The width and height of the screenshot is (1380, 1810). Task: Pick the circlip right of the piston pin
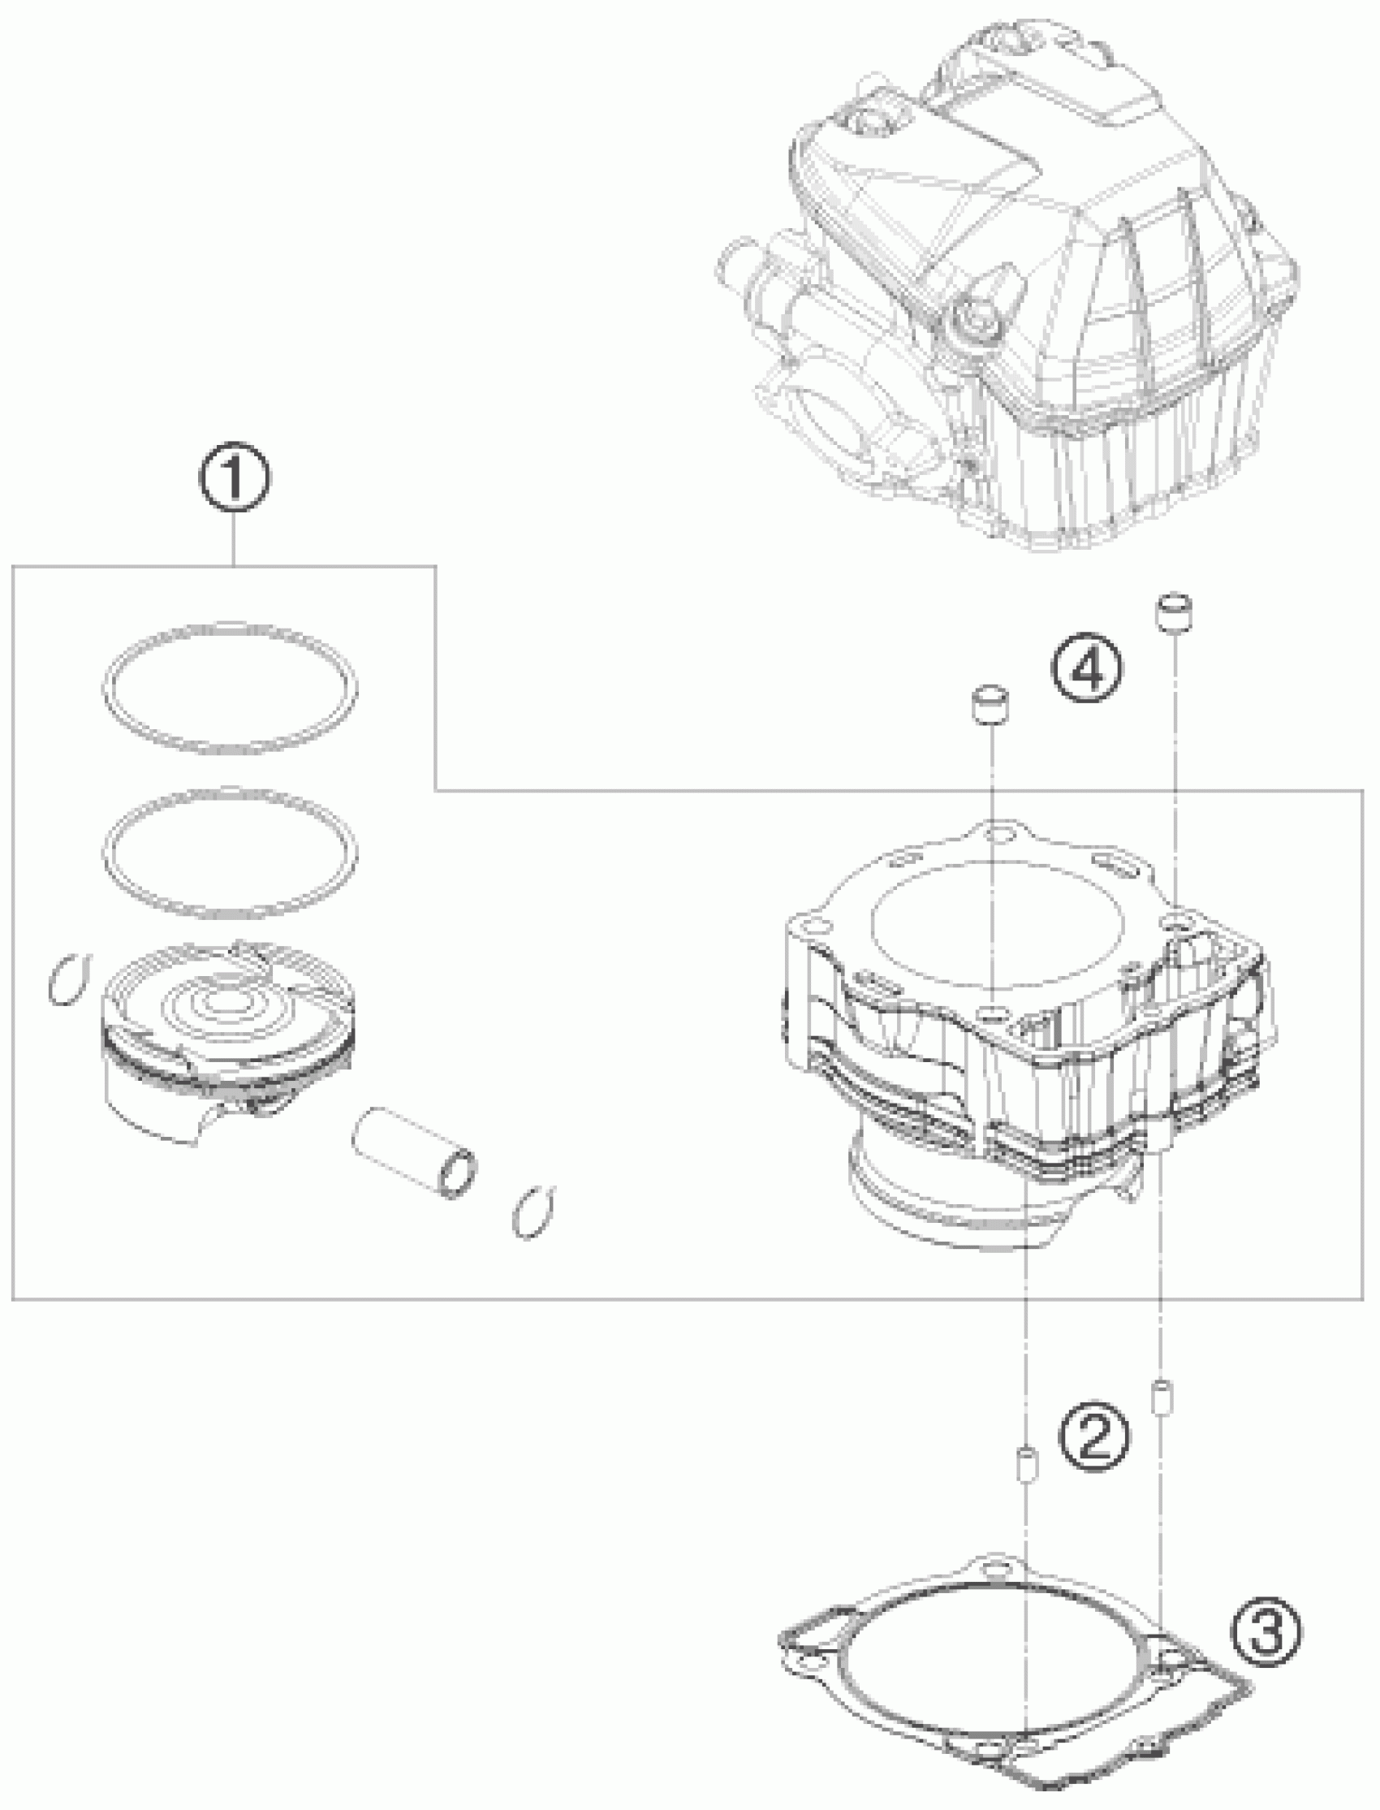[x=533, y=1212]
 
